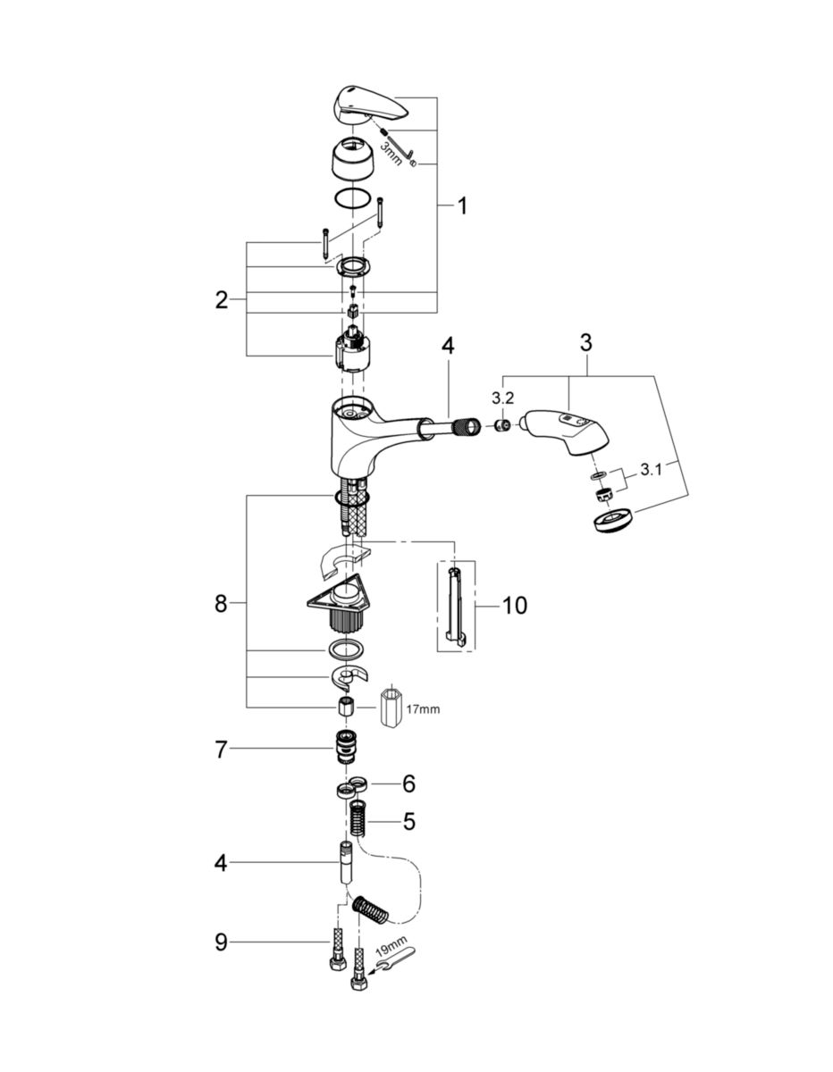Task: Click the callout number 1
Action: point(461,207)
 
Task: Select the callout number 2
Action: point(222,300)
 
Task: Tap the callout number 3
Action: point(585,343)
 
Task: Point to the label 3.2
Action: point(504,398)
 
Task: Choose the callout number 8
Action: point(222,604)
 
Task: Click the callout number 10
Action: point(514,606)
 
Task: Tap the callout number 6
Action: point(408,783)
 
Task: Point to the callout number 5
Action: point(408,821)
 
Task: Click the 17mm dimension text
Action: point(423,709)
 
